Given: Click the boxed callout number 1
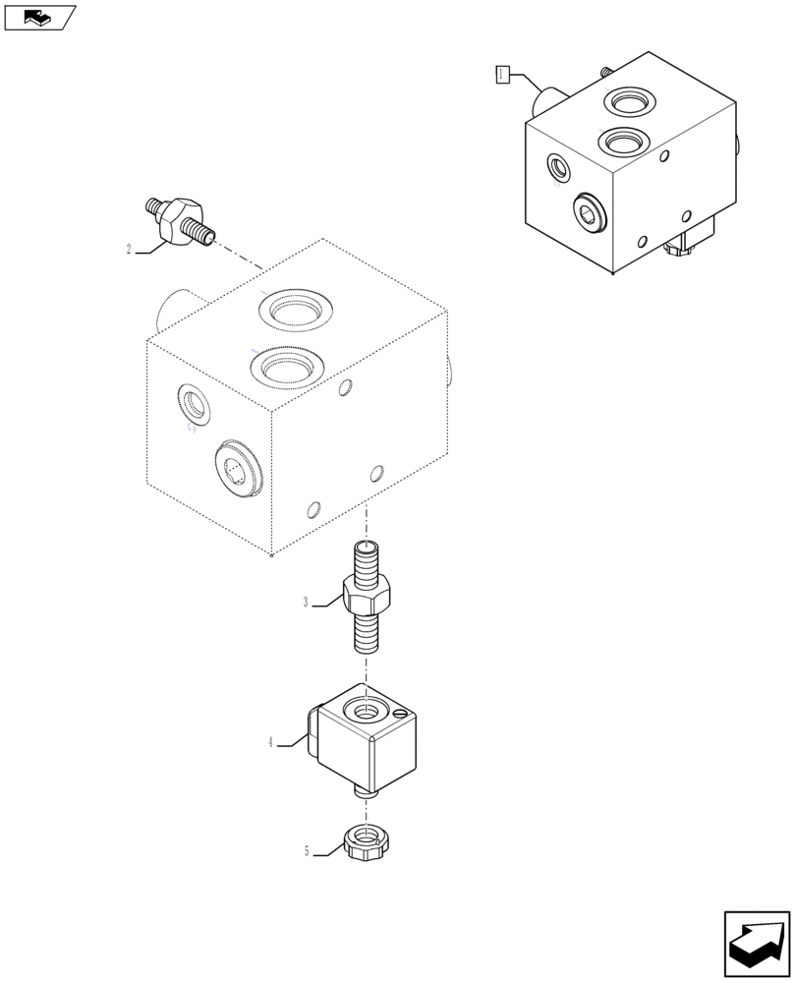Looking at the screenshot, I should pos(502,74).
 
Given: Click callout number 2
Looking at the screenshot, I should pos(129,250).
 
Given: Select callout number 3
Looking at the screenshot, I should pos(306,602).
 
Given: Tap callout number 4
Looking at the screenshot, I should pos(270,743).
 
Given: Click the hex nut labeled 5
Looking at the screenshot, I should pos(365,843).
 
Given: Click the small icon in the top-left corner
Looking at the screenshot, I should pos(39,17).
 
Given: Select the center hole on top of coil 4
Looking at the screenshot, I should pos(365,709).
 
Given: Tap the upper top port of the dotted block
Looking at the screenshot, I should pos(292,312).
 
